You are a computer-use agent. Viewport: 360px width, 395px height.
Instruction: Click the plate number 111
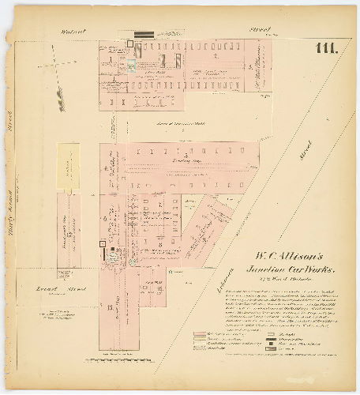(x=324, y=47)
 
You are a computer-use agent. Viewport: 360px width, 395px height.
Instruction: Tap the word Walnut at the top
(x=72, y=31)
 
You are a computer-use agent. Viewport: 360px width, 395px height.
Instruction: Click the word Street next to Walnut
(x=259, y=29)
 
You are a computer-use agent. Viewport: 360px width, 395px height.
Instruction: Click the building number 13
(x=108, y=307)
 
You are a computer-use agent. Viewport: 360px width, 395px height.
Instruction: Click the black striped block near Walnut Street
(x=144, y=35)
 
